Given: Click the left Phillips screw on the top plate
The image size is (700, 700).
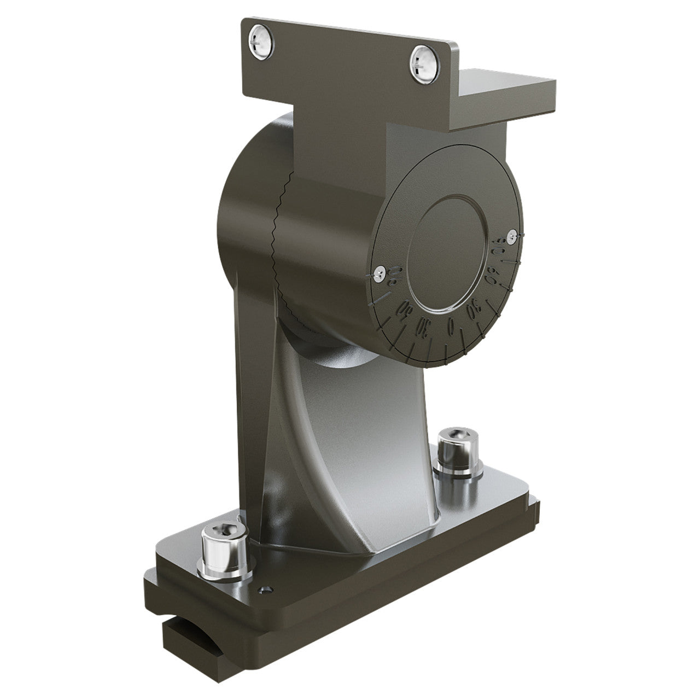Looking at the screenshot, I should [x=259, y=44].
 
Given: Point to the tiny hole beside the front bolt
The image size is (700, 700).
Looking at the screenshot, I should [x=266, y=590].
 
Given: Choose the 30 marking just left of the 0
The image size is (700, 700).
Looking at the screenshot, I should [x=425, y=326].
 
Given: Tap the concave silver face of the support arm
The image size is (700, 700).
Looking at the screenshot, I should [x=350, y=432].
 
